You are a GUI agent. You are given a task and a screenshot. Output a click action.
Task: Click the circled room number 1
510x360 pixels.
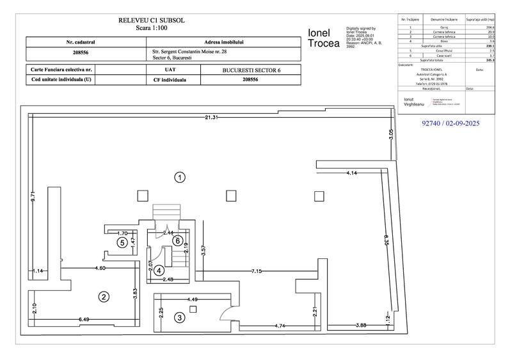(x=181, y=177)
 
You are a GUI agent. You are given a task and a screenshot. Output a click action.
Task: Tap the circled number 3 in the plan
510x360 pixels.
(x=180, y=317)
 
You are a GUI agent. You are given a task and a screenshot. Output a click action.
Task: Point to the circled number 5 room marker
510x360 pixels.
(x=121, y=242)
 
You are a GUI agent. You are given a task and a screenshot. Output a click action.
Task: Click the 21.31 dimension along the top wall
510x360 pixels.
(x=212, y=117)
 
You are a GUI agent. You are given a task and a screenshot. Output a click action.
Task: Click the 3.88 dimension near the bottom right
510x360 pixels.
(x=362, y=326)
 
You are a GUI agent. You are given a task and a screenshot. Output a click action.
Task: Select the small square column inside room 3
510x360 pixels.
(x=192, y=309)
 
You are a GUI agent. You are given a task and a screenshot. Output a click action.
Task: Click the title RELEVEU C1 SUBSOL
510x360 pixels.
(x=152, y=20)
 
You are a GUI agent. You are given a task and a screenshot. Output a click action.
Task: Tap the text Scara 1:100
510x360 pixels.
(x=152, y=29)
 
